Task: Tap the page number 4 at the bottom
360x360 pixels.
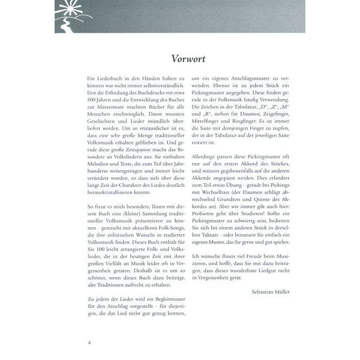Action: pos(89,343)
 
